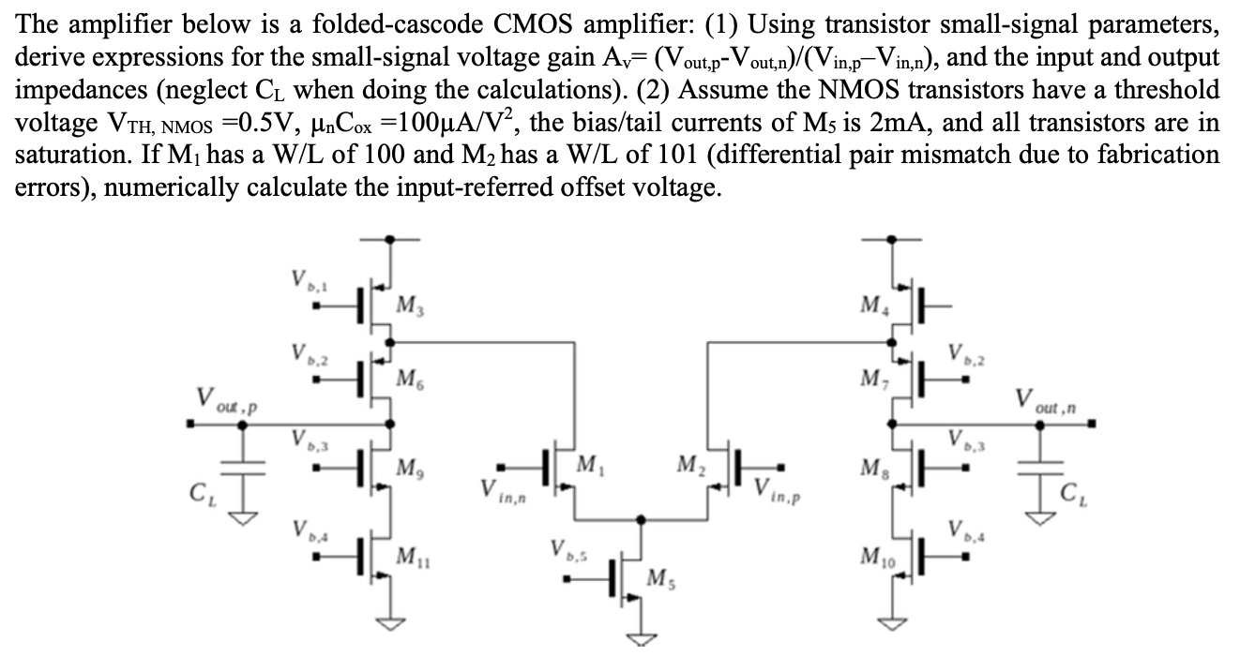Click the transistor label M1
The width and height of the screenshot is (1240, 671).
click(x=589, y=463)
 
